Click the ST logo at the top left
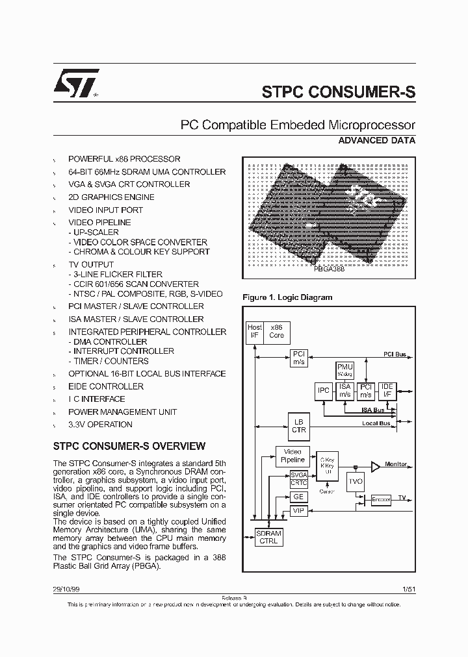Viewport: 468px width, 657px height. point(75,82)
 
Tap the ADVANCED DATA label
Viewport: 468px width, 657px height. point(377,140)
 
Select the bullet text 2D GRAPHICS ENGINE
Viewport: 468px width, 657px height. point(111,197)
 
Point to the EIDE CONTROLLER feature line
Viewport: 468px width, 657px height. point(106,386)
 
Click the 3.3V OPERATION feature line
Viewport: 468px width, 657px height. point(100,425)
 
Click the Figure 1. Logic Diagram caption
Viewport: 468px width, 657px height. point(287,297)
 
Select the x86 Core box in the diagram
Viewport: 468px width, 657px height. point(276,332)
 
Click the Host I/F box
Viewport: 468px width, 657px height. point(255,332)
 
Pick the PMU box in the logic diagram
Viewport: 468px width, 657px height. point(344,370)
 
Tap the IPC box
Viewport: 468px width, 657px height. point(323,391)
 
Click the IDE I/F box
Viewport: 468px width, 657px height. point(387,391)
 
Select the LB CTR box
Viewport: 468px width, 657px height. point(298,426)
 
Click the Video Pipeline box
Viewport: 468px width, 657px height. point(292,455)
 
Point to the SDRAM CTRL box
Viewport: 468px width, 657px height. point(268,536)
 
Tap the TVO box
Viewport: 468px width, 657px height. point(356,481)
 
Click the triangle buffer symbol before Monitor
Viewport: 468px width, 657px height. point(376,465)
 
